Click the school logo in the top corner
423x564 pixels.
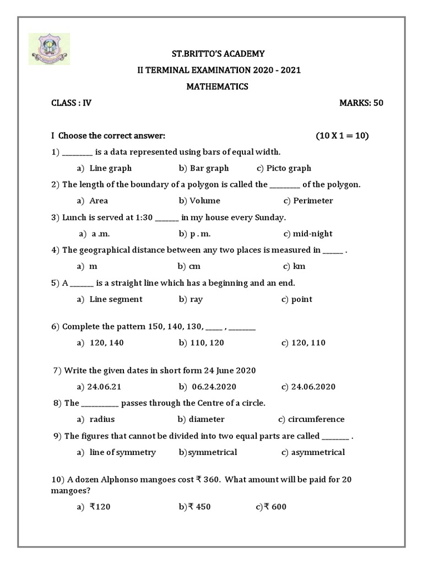[48, 48]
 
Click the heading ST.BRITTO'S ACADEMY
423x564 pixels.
[211, 53]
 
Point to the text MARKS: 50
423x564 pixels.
[361, 103]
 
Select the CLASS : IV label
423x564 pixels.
[71, 103]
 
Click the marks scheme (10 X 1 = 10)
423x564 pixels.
[342, 136]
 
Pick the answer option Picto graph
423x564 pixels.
[289, 168]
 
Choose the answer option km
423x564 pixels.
[299, 266]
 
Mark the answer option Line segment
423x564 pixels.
[116, 299]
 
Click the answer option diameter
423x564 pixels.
[205, 419]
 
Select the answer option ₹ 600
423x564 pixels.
[275, 507]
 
